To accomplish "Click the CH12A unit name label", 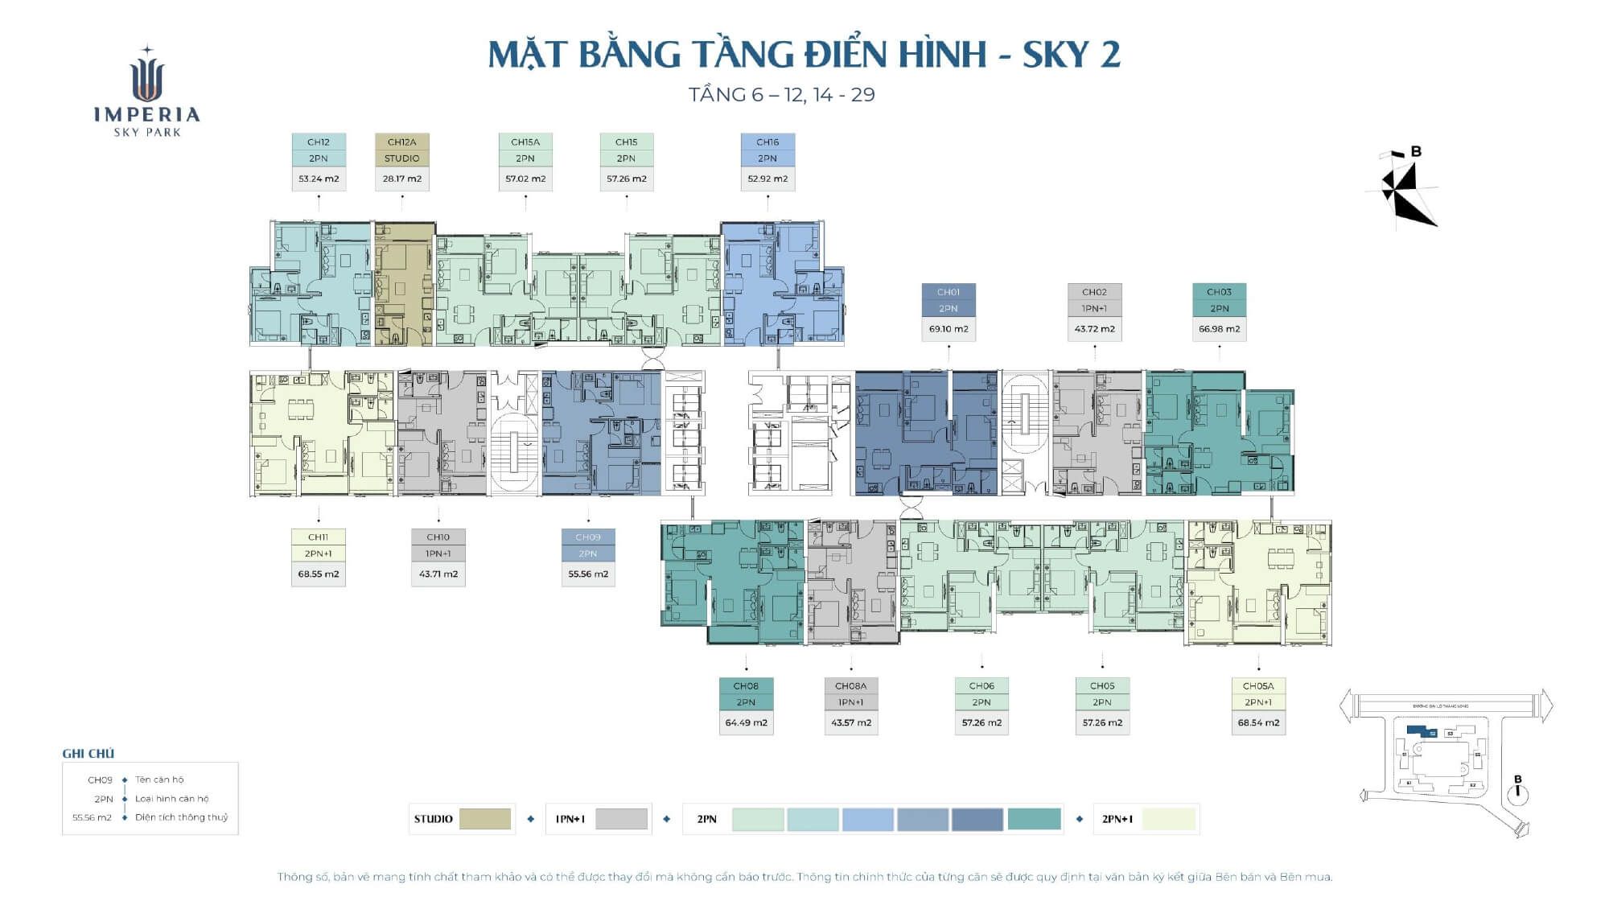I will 401,142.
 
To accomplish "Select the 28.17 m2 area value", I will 401,179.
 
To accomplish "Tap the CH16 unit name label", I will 767,142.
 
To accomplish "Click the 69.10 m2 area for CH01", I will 949,329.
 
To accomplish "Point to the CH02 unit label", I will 1094,292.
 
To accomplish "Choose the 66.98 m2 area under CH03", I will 1219,329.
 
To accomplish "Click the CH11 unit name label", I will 318,537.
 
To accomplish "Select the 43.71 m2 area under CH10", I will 438,574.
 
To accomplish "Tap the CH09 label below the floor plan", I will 588,537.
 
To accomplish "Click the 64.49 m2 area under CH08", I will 746,722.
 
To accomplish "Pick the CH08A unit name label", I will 850,686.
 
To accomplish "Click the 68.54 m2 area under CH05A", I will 1258,722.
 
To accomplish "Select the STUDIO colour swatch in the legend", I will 484,819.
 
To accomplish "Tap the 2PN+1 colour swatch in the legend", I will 1169,819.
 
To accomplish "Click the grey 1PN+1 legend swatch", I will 621,819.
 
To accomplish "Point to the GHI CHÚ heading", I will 88,754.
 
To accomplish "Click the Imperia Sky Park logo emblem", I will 146,76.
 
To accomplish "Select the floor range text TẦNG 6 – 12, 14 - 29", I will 781,95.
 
